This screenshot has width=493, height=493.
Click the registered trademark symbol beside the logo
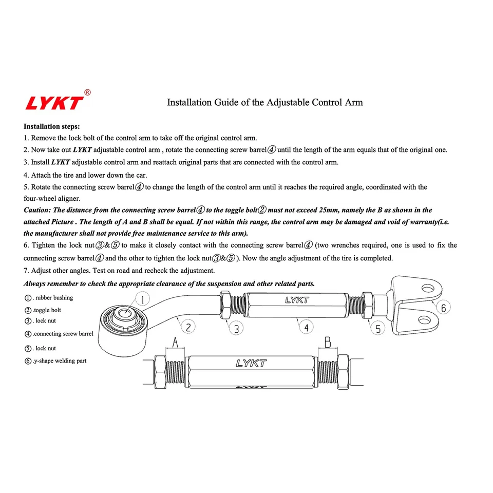pos(87,93)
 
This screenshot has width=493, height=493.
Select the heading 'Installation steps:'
pos(51,126)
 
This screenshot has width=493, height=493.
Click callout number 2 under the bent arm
pos(188,327)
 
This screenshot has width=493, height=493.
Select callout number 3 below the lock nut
pos(236,329)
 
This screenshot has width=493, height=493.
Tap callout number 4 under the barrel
pos(306,327)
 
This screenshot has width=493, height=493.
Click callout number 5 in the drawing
pos(378,329)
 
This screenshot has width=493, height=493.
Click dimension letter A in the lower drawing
pos(175,342)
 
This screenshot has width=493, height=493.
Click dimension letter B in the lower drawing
pos(327,342)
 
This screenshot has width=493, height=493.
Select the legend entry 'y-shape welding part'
pos(60,361)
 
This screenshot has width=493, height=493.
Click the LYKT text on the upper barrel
pos(297,300)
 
